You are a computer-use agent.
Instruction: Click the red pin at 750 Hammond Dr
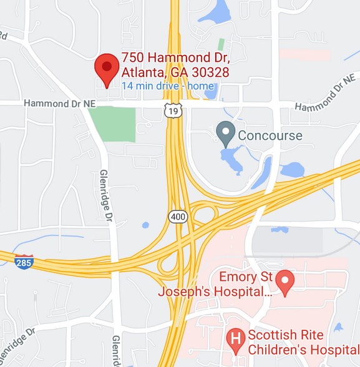[x=107, y=67]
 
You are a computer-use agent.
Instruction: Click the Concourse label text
[x=270, y=135]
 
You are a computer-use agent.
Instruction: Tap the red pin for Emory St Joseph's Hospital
[x=286, y=282]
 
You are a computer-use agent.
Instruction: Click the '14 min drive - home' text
[x=168, y=86]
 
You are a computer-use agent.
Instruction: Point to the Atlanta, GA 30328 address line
[x=175, y=72]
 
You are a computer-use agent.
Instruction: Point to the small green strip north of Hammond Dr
[x=221, y=45]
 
